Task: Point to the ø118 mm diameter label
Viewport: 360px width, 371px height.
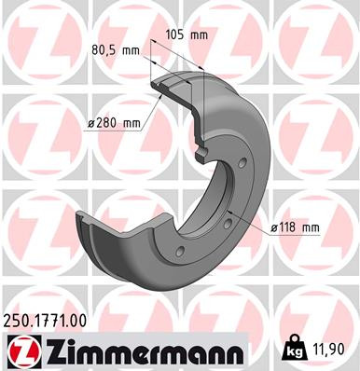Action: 295,227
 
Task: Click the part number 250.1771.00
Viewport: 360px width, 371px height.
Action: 49,320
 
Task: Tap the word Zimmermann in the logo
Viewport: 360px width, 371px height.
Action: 136,350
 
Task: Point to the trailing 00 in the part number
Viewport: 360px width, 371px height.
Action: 79,320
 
